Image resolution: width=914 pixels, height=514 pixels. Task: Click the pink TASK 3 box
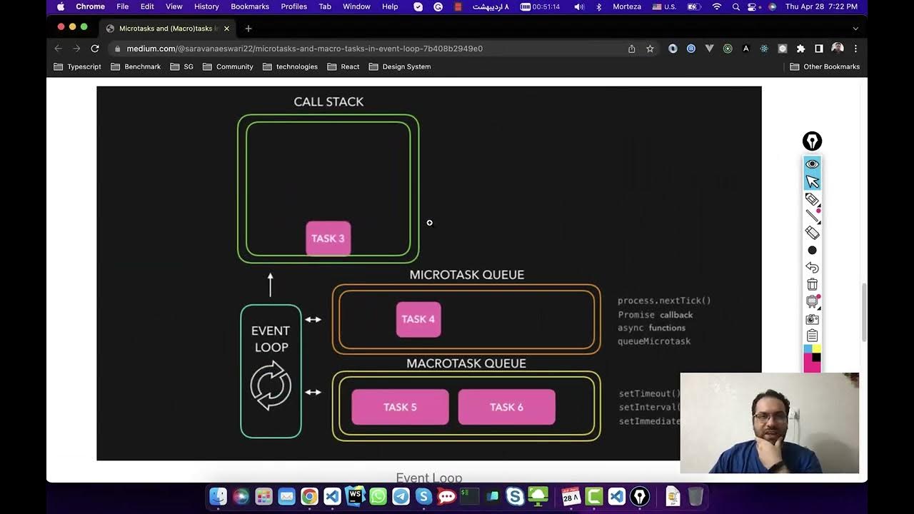pos(328,238)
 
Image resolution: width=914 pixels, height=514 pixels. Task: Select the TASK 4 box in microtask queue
pos(418,319)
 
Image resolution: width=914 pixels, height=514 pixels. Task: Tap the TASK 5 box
pos(400,407)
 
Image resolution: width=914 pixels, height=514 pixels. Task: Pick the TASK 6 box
pos(506,407)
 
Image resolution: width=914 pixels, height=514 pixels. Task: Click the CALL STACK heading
pos(328,102)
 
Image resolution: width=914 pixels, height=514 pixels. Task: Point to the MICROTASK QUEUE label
pos(466,275)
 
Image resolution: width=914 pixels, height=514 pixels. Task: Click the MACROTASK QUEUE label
pos(466,363)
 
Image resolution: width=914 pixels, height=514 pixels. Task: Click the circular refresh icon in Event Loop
pos(271,385)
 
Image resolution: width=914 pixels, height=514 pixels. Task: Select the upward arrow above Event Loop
pos(271,284)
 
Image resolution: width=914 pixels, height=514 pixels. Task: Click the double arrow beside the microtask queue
pos(313,319)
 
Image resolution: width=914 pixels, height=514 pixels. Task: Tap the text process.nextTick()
pos(664,301)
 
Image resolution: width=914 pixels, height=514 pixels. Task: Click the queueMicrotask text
pos(654,341)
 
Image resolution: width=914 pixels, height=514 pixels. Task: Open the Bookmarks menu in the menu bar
pos(250,6)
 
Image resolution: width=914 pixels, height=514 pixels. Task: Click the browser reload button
pos(95,49)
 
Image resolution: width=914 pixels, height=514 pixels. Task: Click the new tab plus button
pos(248,29)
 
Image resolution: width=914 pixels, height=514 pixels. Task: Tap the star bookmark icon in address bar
pos(650,49)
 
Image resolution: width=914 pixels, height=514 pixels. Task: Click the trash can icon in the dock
pos(695,496)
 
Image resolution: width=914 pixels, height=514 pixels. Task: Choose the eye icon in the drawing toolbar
pos(812,164)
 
